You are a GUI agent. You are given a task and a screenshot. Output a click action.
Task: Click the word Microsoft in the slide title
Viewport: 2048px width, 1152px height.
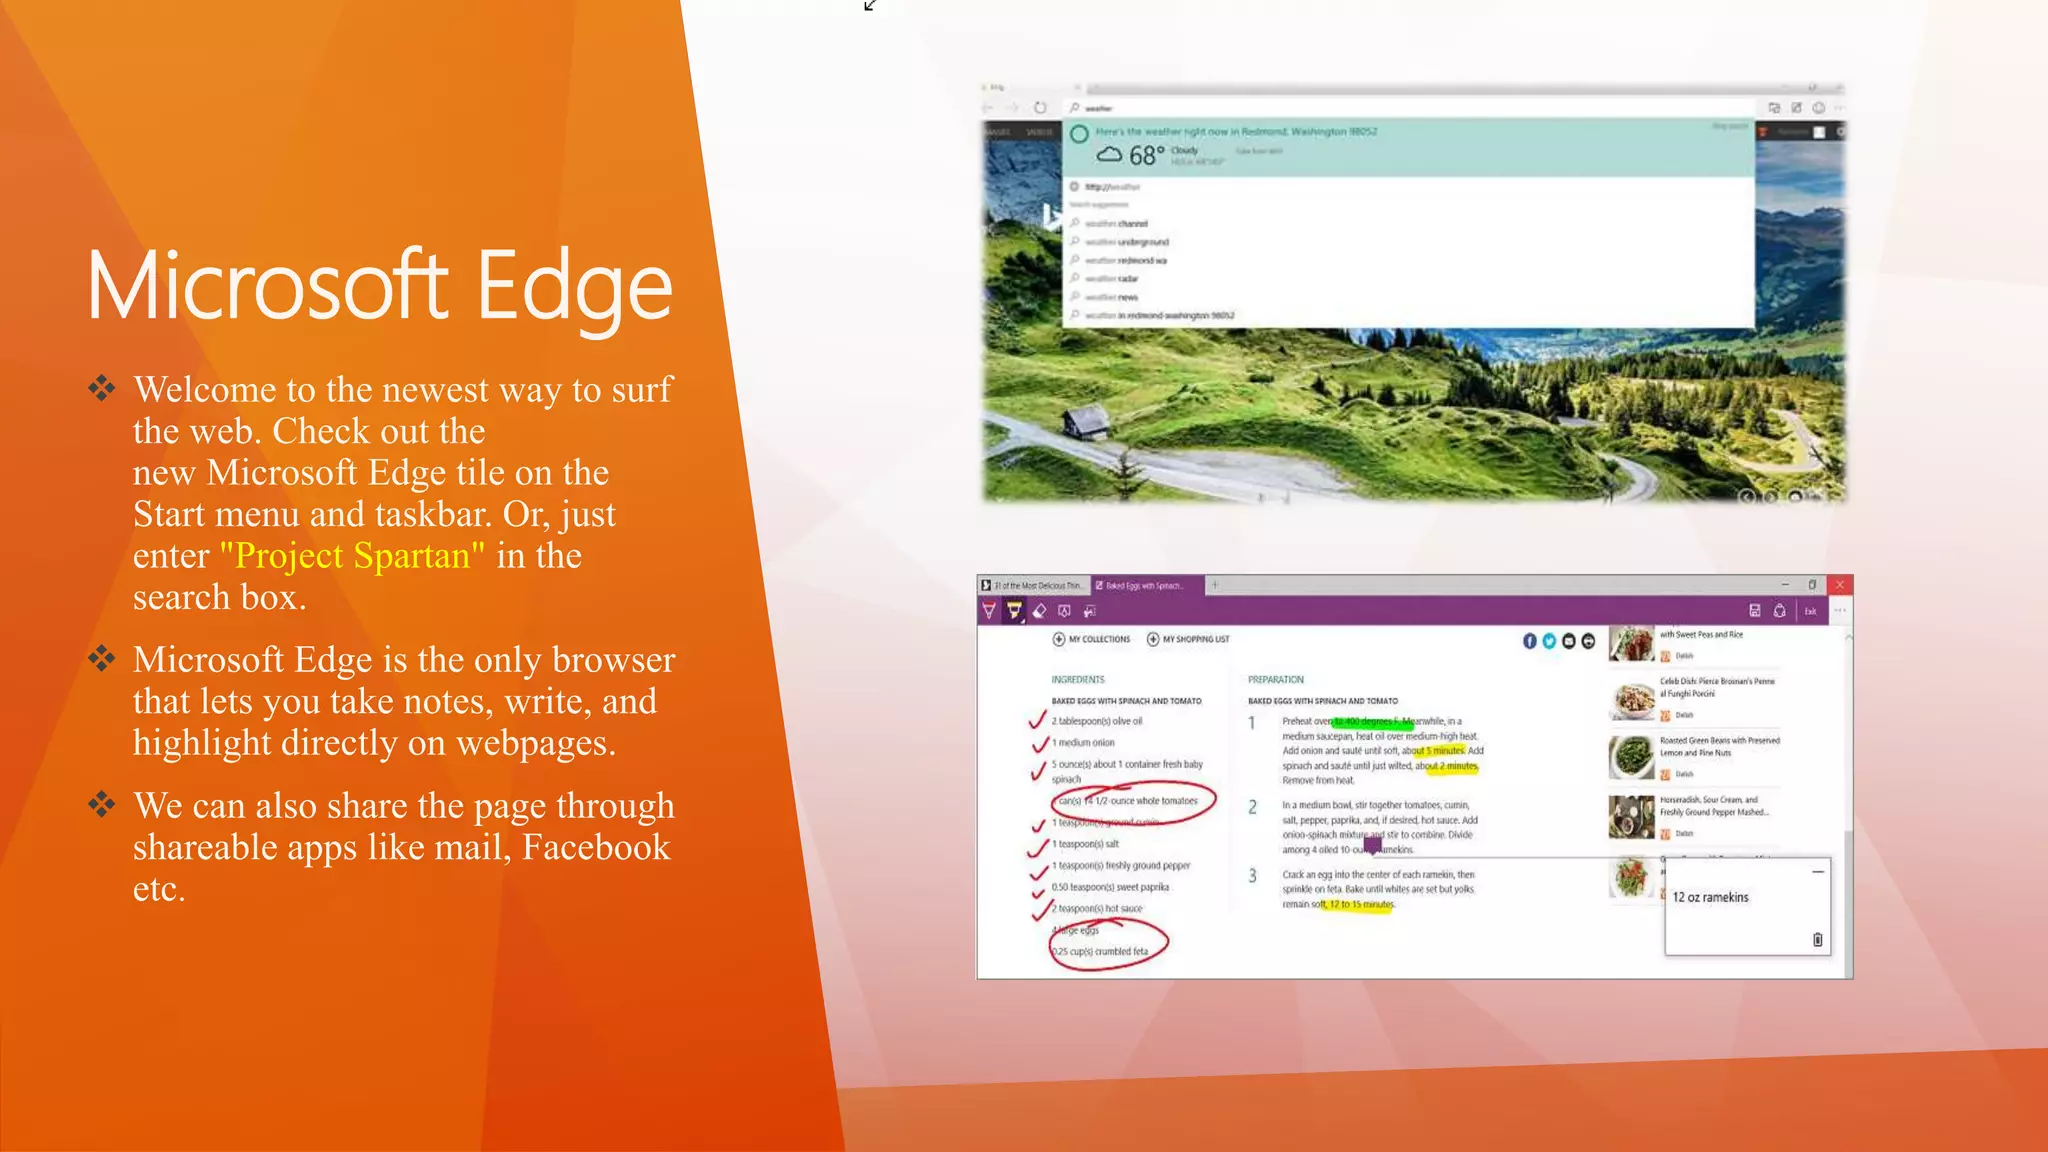[267, 288]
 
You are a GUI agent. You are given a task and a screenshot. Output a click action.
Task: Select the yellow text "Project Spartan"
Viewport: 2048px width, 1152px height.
[352, 556]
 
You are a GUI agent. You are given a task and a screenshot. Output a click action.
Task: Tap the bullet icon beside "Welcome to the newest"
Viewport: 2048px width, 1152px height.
[101, 388]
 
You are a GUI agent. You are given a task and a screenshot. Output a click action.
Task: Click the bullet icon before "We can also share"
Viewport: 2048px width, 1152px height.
[101, 804]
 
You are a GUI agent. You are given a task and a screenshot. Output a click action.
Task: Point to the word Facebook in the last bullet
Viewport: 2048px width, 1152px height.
[596, 848]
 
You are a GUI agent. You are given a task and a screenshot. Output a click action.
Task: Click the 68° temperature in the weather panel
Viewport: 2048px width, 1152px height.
[1146, 155]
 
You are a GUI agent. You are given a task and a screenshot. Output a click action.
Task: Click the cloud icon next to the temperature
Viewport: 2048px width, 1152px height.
[1109, 155]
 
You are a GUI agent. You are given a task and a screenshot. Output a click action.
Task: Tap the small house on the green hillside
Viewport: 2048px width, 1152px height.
[1085, 423]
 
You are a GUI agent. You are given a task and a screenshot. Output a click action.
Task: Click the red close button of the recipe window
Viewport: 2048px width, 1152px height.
[1839, 585]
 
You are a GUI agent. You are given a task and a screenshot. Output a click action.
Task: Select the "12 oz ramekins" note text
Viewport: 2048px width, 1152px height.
[1710, 898]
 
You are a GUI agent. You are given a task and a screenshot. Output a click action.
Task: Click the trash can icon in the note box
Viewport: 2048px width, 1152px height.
[1817, 940]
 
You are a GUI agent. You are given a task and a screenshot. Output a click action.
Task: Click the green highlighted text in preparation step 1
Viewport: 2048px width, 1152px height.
[1372, 721]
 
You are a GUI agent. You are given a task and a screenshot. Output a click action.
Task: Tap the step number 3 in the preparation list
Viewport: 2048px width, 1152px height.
[1252, 876]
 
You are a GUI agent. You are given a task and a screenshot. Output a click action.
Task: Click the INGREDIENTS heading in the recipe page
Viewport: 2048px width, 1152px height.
[1078, 680]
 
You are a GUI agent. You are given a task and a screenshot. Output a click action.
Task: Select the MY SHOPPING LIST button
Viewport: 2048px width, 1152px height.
[1189, 639]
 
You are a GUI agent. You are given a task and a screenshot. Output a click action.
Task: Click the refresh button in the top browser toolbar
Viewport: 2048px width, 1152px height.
[1040, 108]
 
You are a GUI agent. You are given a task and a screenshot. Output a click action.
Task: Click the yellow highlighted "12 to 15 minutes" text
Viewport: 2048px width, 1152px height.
[1361, 905]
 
